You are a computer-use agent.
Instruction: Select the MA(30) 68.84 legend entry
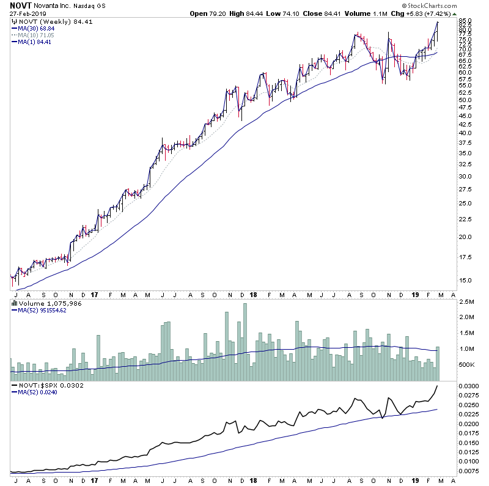pyautogui.click(x=33, y=29)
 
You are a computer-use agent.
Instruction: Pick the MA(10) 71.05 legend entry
pyautogui.click(x=33, y=35)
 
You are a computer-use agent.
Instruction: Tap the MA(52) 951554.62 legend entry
pyautogui.click(x=43, y=309)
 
